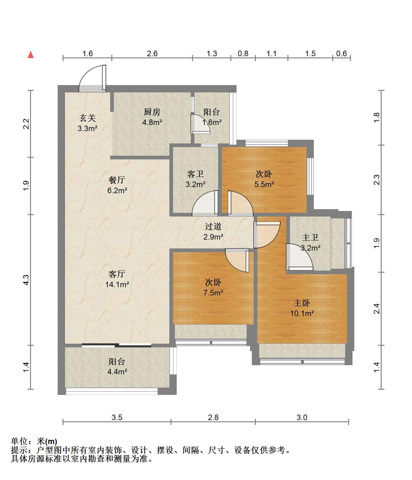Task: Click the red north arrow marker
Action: tap(31, 55)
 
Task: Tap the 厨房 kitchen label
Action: tap(152, 112)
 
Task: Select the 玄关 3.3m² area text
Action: tap(87, 128)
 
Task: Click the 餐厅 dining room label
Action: tap(117, 180)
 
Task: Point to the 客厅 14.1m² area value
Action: tap(117, 284)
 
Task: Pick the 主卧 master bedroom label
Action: tap(302, 303)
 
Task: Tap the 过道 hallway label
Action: tap(213, 226)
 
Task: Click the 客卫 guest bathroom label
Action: tap(195, 174)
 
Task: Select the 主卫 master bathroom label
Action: tap(310, 237)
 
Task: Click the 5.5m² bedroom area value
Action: tap(264, 184)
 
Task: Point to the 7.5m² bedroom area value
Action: tap(213, 293)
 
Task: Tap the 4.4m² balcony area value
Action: tap(117, 372)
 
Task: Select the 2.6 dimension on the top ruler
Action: tap(152, 54)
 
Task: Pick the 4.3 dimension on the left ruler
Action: tap(26, 280)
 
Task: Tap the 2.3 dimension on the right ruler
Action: tap(376, 180)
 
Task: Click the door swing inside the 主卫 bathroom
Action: tap(299, 257)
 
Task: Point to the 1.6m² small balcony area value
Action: tap(212, 122)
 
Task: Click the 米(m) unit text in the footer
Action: tap(47, 441)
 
